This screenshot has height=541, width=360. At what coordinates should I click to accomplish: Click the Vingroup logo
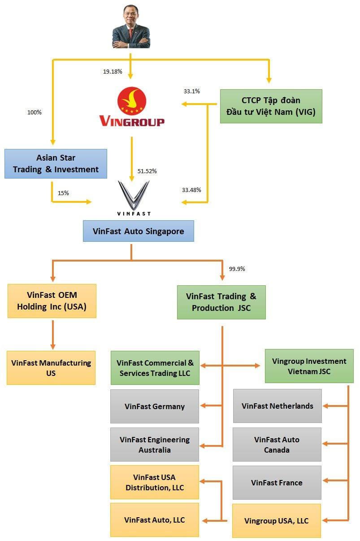131,107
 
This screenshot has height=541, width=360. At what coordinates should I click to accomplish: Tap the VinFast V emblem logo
133,196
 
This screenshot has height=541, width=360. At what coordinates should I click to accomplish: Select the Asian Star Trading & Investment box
56,164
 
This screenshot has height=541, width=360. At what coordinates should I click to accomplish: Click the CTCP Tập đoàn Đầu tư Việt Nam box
271,106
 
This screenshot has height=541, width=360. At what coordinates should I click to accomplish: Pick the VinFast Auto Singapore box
138,231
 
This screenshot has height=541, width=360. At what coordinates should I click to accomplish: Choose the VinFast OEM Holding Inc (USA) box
52,301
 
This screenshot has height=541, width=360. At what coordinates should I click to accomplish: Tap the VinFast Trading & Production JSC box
221,302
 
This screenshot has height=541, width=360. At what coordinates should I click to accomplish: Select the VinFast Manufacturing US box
51,367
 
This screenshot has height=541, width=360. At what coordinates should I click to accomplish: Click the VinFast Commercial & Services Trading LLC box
155,368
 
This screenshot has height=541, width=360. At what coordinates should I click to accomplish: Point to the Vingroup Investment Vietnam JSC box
309,366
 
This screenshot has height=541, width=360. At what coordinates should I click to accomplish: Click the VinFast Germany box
155,406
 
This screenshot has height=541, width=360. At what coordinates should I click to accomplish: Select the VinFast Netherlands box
277,406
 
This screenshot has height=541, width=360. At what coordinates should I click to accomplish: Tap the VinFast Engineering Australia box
155,445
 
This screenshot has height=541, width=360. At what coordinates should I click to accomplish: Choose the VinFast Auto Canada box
277,445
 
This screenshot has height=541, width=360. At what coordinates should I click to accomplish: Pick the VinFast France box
277,483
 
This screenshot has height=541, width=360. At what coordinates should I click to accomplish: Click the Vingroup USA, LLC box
276,521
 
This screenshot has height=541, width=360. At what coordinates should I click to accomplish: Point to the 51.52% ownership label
147,171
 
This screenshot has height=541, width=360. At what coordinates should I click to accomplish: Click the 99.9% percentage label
237,269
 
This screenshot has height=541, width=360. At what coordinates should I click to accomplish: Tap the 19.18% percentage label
113,71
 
